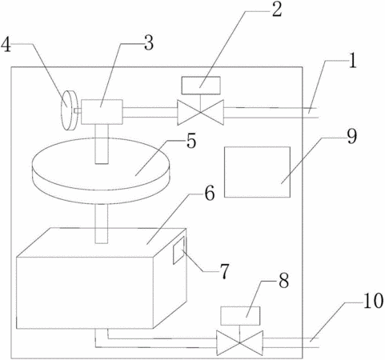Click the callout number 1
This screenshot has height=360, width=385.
click(x=352, y=61)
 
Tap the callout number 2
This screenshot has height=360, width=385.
click(x=277, y=10)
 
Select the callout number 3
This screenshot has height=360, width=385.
click(x=149, y=42)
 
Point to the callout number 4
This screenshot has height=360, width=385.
click(x=6, y=45)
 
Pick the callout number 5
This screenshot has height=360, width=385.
click(x=191, y=141)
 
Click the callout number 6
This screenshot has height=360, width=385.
click(x=210, y=193)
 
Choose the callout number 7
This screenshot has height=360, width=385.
click(x=224, y=271)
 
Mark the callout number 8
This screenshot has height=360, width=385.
click(x=283, y=281)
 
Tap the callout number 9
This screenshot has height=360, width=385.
click(x=352, y=137)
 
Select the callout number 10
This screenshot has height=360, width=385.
click(x=373, y=301)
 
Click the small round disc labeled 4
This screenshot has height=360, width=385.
click(x=69, y=110)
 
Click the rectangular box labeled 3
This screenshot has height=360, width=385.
click(x=102, y=112)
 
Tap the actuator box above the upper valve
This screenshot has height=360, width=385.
click(x=201, y=86)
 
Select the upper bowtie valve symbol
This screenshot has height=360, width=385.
click(x=201, y=112)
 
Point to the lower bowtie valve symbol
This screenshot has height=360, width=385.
click(x=239, y=342)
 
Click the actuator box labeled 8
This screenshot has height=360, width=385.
click(x=240, y=316)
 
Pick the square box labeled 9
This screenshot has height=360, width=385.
click(x=257, y=172)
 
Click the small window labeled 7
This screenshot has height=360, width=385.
click(x=178, y=250)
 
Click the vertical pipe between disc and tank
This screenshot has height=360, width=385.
click(x=102, y=224)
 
